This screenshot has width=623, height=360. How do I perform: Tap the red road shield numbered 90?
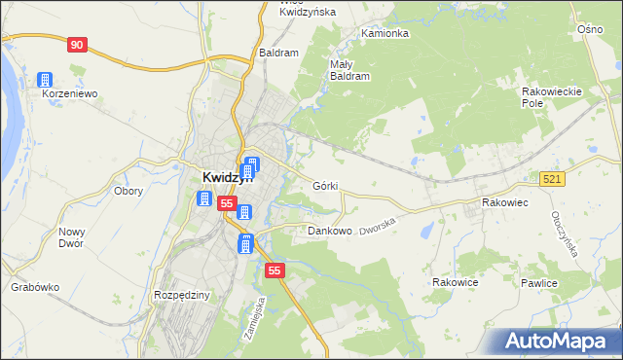pos(78,45)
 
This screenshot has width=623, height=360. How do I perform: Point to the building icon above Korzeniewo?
pos(44,80)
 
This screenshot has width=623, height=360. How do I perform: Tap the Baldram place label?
pos(277,53)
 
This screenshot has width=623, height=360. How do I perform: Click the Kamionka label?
pos(385,33)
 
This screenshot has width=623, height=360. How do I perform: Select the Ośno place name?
pos(590,30)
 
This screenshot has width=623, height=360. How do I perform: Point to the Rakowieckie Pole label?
pos(551,96)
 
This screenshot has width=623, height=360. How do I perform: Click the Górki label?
pos(326,185)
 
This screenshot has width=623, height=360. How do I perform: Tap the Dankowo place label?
pos(329,232)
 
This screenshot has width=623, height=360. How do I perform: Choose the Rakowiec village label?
pos(504,202)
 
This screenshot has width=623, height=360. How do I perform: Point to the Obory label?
pos(128,191)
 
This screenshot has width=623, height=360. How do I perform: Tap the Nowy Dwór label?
pos(72,237)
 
